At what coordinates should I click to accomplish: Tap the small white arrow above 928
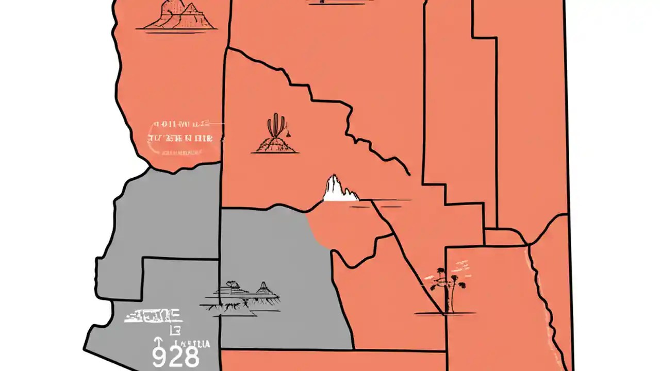(x=158, y=342)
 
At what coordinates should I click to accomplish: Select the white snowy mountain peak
(x=338, y=189)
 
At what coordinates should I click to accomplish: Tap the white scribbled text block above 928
(x=153, y=315)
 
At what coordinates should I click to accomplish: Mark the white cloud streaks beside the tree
(x=459, y=268)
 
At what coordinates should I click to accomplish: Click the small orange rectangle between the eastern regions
(x=504, y=238)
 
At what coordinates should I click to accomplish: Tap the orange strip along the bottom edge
(x=333, y=361)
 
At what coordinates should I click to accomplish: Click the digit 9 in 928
(x=159, y=357)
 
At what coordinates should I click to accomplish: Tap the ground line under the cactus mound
(x=276, y=153)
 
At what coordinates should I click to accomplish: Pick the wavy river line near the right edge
(x=541, y=299)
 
